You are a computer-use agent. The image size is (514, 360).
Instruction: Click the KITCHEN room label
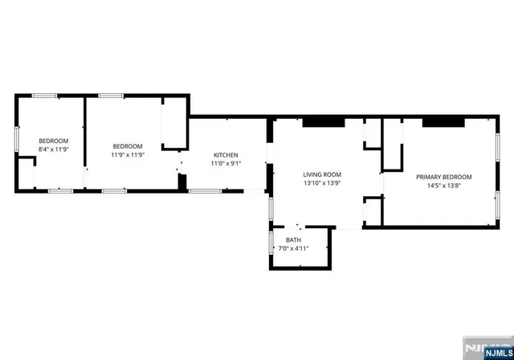[226, 155]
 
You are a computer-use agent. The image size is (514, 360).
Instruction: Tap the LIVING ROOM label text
[322, 174]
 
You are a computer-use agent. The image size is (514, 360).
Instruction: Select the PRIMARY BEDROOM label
[443, 177]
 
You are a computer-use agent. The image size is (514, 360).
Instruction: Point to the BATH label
[293, 239]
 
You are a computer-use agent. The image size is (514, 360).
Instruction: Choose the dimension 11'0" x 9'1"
[226, 163]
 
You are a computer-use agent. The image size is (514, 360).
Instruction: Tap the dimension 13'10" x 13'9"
[322, 182]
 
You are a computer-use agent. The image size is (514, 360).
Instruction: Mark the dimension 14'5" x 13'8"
[443, 185]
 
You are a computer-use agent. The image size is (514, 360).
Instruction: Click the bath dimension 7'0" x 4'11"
[293, 248]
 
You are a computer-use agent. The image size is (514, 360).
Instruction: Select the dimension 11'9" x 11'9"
[127, 154]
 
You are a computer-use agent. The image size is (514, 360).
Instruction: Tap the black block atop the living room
[323, 122]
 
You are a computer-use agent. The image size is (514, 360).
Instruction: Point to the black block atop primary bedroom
[443, 122]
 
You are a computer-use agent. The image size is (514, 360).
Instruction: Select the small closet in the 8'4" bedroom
[27, 173]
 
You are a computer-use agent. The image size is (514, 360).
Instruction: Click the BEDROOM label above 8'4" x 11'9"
[54, 141]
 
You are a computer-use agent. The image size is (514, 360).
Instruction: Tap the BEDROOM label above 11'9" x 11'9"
[127, 146]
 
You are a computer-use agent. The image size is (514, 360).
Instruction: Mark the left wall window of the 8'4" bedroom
[16, 138]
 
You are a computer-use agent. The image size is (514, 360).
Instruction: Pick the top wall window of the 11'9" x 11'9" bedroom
[112, 96]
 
